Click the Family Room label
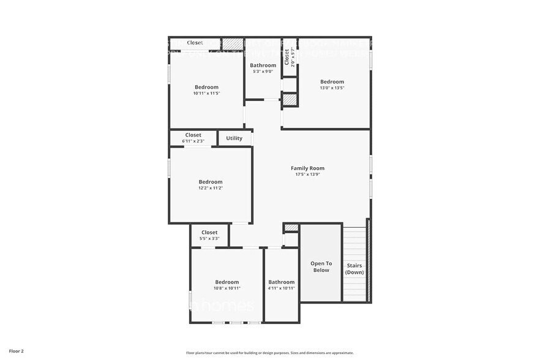pos(307,168)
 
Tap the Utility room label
pos(234,138)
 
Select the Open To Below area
pos(321,266)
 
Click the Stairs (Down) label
pos(354,269)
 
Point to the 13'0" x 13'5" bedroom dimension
pos(332,88)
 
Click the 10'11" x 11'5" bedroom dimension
pos(206,94)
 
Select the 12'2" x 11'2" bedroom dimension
pos(210,189)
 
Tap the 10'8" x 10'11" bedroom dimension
pos(227,288)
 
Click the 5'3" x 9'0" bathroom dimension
pos(263,72)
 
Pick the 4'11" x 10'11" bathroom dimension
pos(282,288)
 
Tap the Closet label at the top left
pos(195,43)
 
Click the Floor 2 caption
pos(17,351)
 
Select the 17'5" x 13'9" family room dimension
pos(307,174)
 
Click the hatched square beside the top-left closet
pos(232,44)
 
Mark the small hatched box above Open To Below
pos(291,228)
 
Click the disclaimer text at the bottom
pos(269,353)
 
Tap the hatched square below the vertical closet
pos(290,100)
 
